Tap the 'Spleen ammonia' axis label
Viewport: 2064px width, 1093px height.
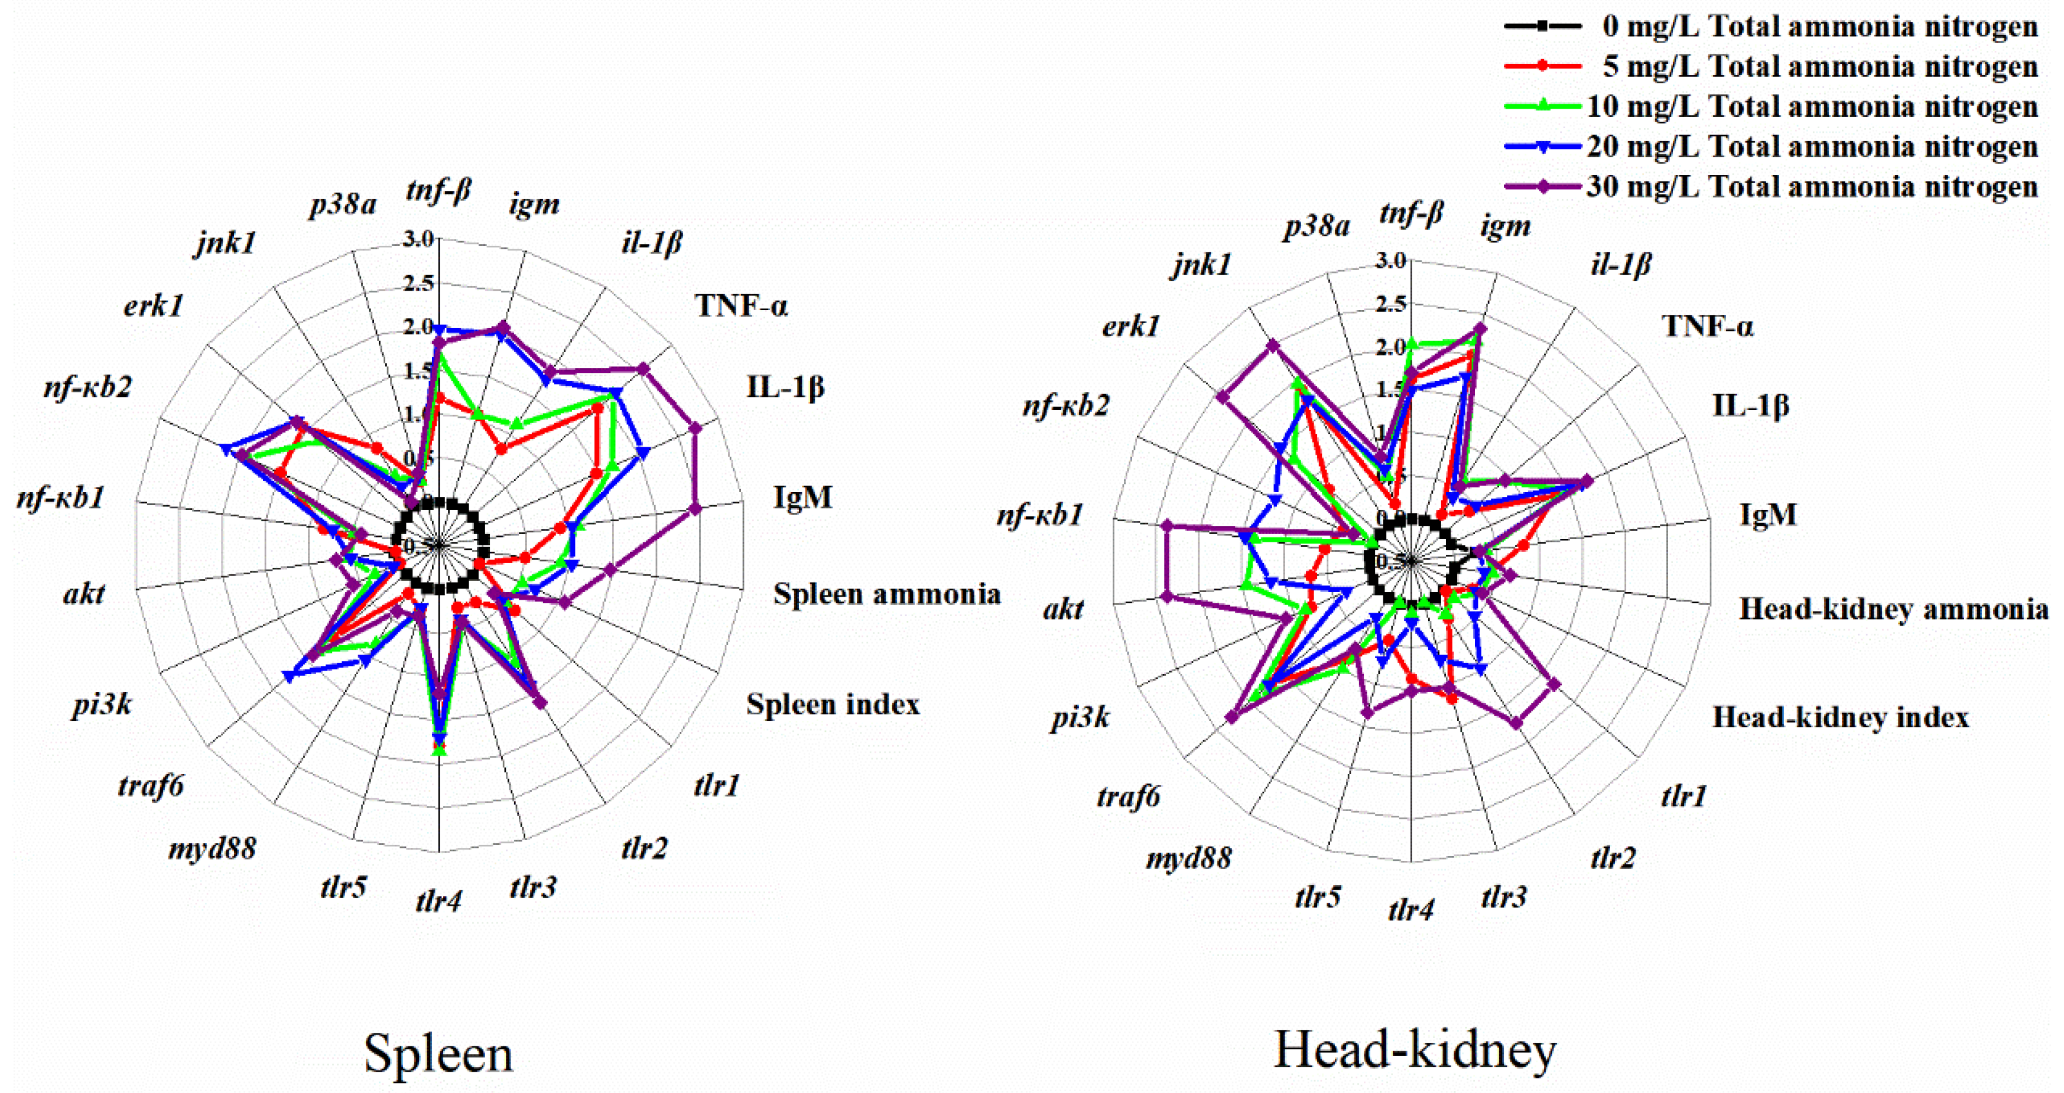point(887,594)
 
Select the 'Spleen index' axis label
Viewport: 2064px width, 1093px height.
point(833,704)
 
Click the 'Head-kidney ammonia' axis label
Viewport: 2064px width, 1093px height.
point(1893,609)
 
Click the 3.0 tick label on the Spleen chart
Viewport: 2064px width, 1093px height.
point(418,238)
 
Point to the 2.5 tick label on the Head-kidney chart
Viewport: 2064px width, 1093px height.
point(1390,303)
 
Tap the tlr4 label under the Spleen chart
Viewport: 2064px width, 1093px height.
point(438,902)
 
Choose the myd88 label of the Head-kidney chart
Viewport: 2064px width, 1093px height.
point(1188,859)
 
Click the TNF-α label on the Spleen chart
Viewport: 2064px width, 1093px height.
point(741,305)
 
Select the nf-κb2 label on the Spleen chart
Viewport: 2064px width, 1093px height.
point(87,387)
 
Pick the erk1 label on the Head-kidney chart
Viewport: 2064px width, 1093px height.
point(1130,326)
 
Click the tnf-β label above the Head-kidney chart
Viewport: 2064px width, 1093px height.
point(1411,213)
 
